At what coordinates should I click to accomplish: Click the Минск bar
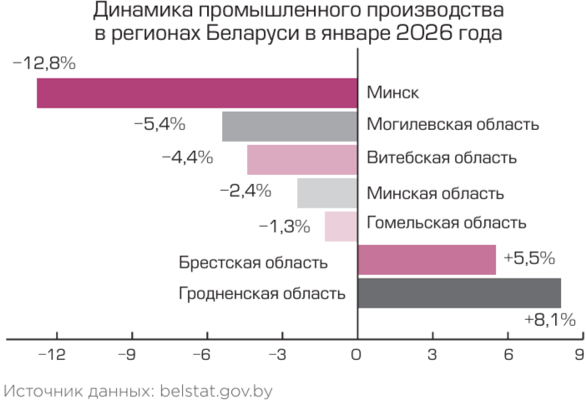196,92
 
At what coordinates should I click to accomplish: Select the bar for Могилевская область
290,126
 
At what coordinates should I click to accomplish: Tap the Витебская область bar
302,159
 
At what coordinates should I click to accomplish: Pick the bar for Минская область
327,192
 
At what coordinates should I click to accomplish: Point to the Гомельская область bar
341,226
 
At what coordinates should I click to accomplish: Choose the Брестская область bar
427,259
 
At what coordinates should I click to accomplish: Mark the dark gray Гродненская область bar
459,292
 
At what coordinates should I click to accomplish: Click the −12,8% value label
44,64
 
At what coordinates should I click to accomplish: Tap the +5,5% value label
529,258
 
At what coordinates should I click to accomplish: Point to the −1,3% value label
285,226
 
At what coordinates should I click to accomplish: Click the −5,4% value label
159,125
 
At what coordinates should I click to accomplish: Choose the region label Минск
393,92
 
